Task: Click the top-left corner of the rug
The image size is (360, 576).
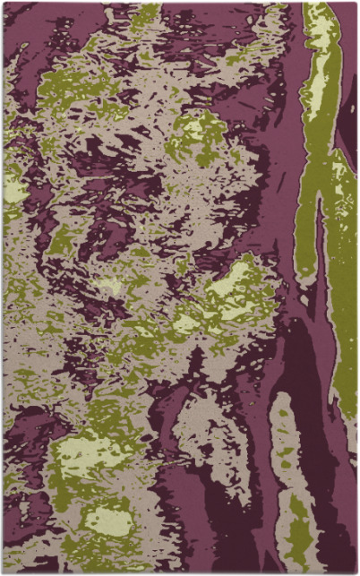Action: point(3,3)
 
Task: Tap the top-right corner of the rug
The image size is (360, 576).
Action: point(356,3)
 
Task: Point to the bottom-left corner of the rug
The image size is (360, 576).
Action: point(3,572)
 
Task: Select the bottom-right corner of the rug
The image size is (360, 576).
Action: point(356,572)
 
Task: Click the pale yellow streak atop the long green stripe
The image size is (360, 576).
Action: point(318,36)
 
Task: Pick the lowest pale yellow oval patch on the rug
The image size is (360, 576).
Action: point(107,520)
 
